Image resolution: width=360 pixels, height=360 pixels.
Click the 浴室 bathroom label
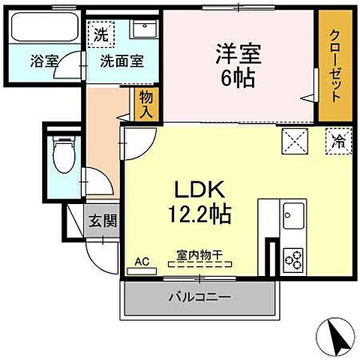[44, 61]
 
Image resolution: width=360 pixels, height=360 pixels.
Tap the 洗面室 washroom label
[122, 61]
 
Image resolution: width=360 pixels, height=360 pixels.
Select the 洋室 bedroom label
[238, 54]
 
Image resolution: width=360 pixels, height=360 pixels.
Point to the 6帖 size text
[238, 78]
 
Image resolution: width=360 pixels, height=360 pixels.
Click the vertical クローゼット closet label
[335, 66]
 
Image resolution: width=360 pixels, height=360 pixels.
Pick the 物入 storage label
[146, 104]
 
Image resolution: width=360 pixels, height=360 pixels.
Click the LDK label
[199, 189]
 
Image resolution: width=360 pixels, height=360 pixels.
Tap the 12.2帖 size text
[199, 214]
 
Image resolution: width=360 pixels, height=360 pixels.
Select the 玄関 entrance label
[103, 220]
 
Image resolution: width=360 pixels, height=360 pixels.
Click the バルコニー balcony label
[199, 297]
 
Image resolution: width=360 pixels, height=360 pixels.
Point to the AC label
[142, 262]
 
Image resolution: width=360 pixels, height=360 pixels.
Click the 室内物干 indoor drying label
[199, 255]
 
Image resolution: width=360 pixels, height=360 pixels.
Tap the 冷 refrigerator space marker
[339, 141]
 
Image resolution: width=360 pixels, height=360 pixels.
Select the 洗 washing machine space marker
[101, 34]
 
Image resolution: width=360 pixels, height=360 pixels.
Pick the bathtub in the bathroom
[45, 27]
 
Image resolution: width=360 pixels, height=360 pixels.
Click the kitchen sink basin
[293, 216]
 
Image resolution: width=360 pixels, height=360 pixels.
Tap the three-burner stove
[293, 261]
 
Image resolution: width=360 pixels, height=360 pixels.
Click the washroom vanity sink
[145, 28]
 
